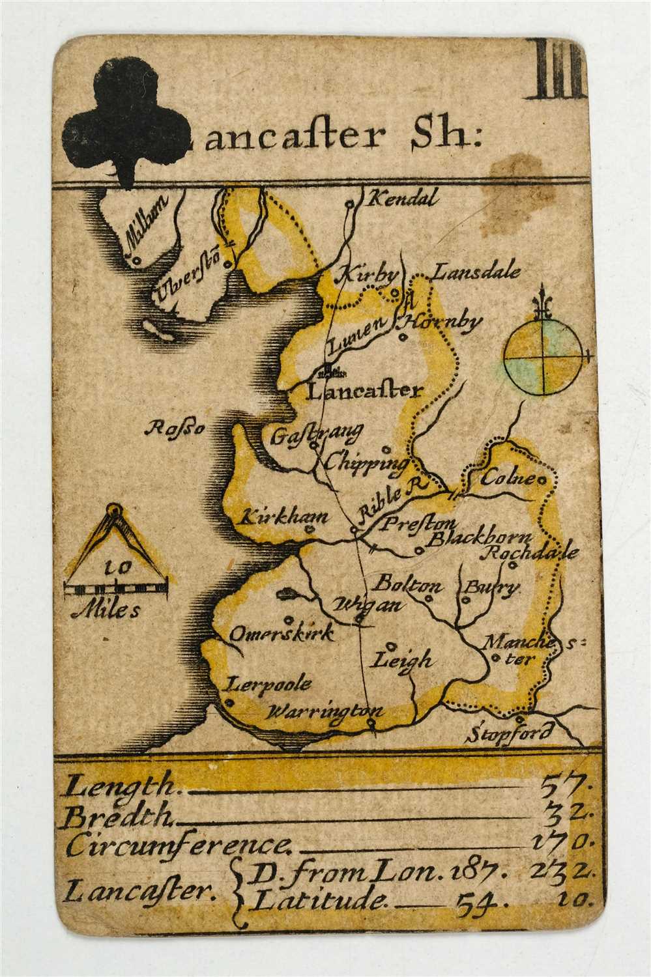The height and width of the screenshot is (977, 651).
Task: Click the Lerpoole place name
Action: (x=268, y=685)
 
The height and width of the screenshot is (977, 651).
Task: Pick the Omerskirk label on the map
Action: (x=282, y=632)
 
